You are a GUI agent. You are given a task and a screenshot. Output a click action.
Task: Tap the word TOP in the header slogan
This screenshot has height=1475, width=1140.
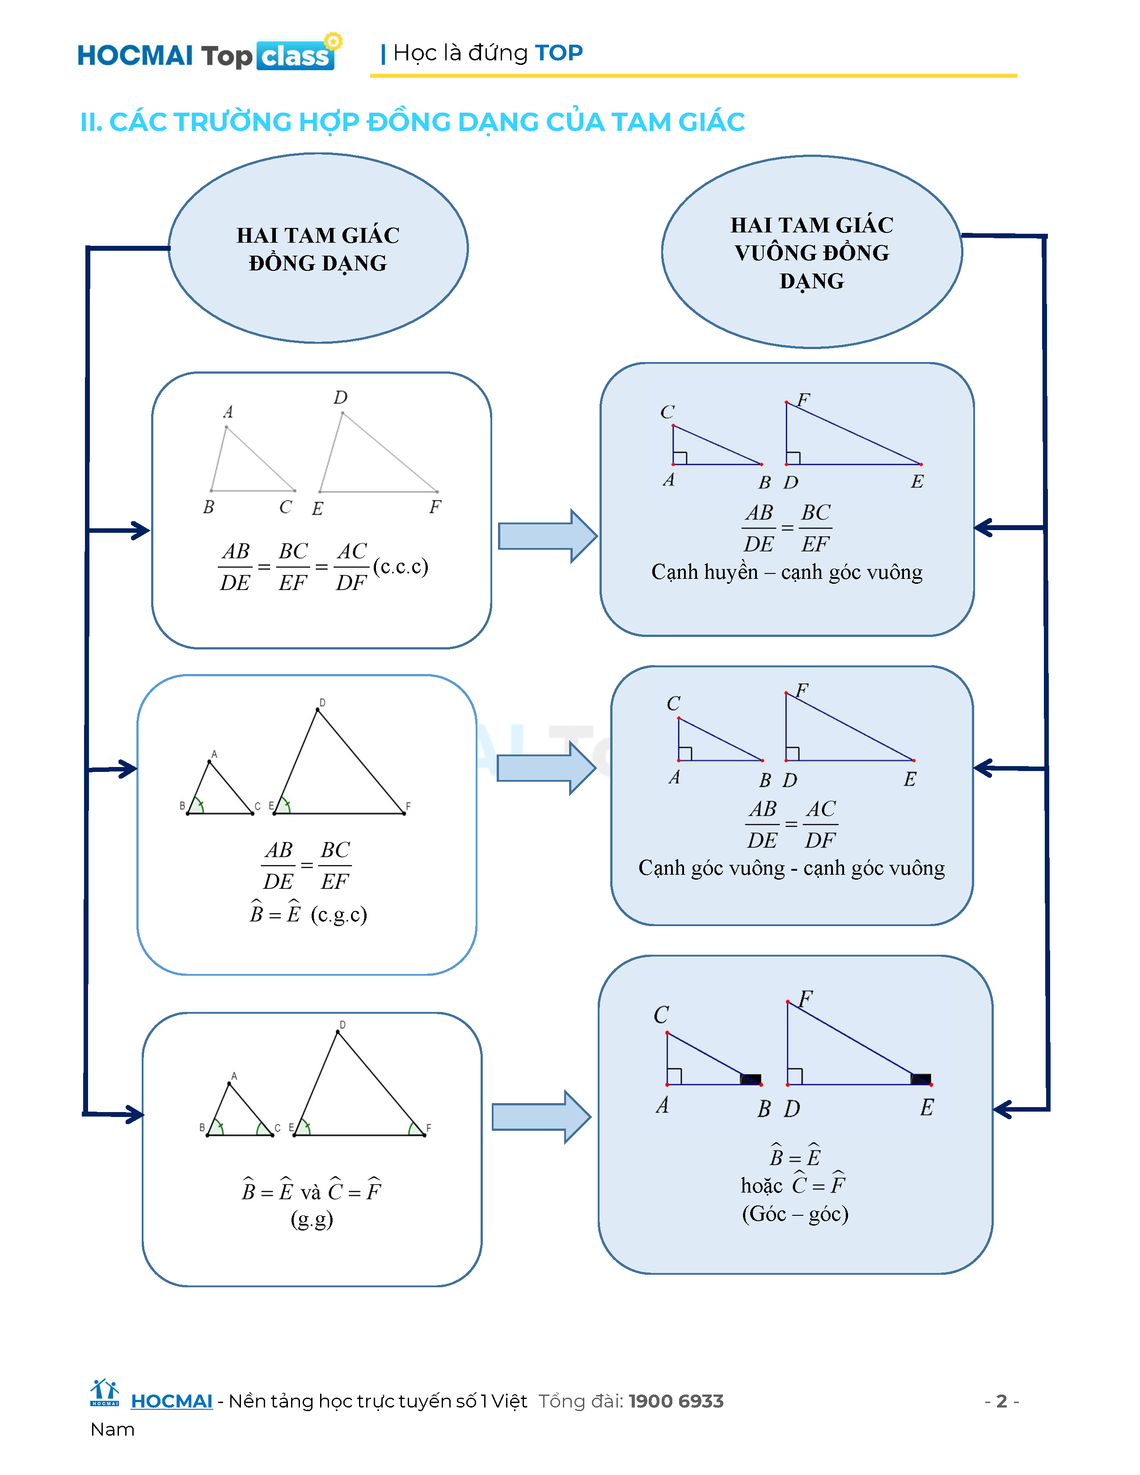click(x=558, y=53)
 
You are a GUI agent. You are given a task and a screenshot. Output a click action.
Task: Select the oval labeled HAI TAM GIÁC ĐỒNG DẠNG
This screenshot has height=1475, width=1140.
click(x=318, y=249)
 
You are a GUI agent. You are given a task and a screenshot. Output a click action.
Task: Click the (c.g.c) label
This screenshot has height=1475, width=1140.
click(x=339, y=914)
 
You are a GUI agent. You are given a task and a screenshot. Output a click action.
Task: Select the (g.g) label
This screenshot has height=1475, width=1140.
click(x=312, y=1219)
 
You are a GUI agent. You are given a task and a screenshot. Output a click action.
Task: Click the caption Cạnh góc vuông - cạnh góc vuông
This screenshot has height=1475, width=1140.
click(x=791, y=868)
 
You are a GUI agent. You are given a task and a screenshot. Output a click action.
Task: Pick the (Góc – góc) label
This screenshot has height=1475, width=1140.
click(x=795, y=1214)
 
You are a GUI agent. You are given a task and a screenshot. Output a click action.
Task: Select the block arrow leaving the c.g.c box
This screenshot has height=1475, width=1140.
click(x=546, y=768)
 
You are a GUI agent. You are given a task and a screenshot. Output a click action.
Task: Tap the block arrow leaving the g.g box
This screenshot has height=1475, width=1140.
click(x=541, y=1117)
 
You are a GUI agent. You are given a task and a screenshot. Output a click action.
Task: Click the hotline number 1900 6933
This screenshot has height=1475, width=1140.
click(x=676, y=1401)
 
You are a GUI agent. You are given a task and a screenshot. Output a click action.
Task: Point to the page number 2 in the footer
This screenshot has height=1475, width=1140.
click(x=1001, y=1401)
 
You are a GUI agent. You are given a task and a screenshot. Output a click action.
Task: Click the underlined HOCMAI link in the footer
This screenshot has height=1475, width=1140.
click(x=172, y=1401)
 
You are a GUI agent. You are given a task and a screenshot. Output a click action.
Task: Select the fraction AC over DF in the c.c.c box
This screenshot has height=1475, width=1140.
click(x=352, y=567)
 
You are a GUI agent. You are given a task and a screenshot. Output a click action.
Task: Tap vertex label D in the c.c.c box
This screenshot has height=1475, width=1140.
click(x=340, y=397)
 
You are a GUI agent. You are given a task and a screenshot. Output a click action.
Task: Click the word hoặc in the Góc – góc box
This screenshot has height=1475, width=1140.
click(x=761, y=1186)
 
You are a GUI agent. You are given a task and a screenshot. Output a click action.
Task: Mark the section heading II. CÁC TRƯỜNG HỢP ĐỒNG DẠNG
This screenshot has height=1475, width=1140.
click(x=412, y=122)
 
